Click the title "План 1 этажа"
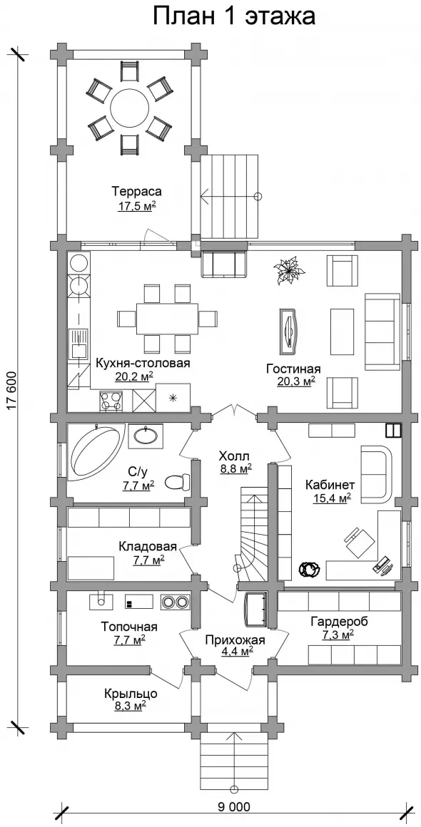pyautogui.click(x=234, y=16)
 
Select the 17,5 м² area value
pyautogui.click(x=136, y=205)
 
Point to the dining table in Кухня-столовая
pyautogui.click(x=168, y=319)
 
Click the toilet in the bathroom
pyautogui.click(x=177, y=481)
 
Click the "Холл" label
pyautogui.click(x=234, y=455)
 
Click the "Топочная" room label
pyautogui.click(x=130, y=627)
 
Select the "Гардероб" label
pyautogui.click(x=338, y=621)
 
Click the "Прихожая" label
pyautogui.click(x=235, y=639)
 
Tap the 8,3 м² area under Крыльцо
pyautogui.click(x=131, y=706)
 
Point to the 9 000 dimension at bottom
pyautogui.click(x=233, y=806)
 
